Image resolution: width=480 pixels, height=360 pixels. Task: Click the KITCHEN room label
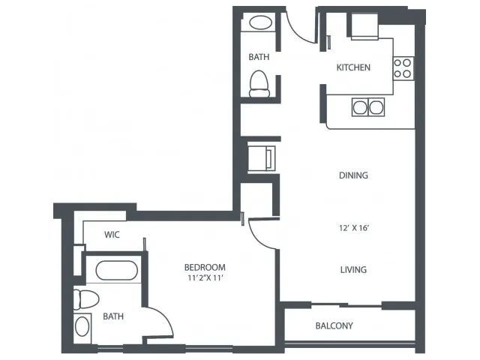point(353,67)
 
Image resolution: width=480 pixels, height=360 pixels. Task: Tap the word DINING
point(353,175)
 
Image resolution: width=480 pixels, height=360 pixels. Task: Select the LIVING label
point(353,270)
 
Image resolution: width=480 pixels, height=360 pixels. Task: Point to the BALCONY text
point(334,325)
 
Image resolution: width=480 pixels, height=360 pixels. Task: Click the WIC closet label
point(112,235)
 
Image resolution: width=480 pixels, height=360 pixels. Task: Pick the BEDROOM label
point(205,267)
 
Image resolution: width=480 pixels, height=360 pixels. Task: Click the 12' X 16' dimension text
point(353,228)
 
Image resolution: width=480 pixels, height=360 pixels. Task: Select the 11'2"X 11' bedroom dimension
point(205,278)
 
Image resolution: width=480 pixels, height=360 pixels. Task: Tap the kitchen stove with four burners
point(403,68)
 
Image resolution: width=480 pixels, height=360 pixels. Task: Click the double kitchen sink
point(368,107)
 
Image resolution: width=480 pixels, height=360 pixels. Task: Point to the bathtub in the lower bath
point(117,271)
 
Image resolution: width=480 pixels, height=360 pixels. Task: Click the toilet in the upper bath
point(259,84)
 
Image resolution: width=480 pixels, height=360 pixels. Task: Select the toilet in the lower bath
point(86,299)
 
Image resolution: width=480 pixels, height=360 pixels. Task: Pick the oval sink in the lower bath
point(82,326)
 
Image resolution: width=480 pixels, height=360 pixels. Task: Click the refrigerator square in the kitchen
point(364,27)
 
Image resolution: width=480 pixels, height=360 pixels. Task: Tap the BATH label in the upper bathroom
point(259,57)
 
